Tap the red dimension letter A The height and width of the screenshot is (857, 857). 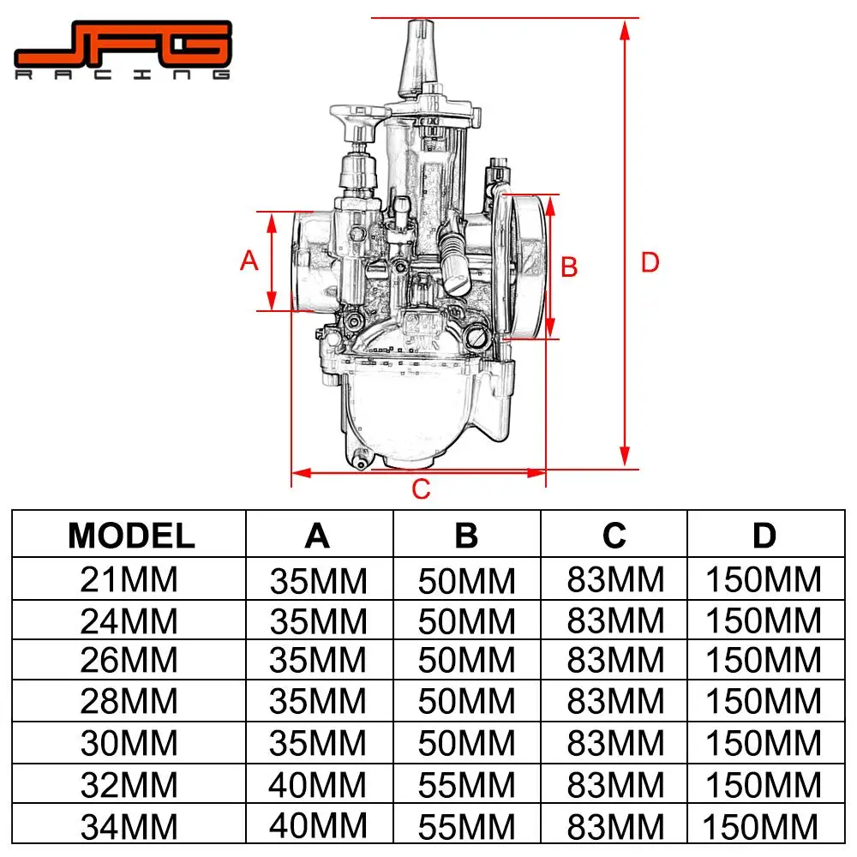249,261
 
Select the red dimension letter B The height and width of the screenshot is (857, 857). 569,267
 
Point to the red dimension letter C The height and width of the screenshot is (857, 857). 420,489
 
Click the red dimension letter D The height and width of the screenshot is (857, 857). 650,262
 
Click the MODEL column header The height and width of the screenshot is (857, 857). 131,536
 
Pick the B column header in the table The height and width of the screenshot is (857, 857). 466,536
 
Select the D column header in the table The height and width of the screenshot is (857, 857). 764,536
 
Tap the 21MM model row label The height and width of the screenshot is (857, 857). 129,580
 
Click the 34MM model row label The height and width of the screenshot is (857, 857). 129,827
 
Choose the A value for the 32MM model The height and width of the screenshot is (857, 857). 318,784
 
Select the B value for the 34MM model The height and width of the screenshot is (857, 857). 466,827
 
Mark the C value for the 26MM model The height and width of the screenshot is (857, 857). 615,661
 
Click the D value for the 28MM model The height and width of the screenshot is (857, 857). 763,702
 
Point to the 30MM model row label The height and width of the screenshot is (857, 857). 129,743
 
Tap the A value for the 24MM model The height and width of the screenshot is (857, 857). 318,621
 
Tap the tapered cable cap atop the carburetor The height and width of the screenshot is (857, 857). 418,56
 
